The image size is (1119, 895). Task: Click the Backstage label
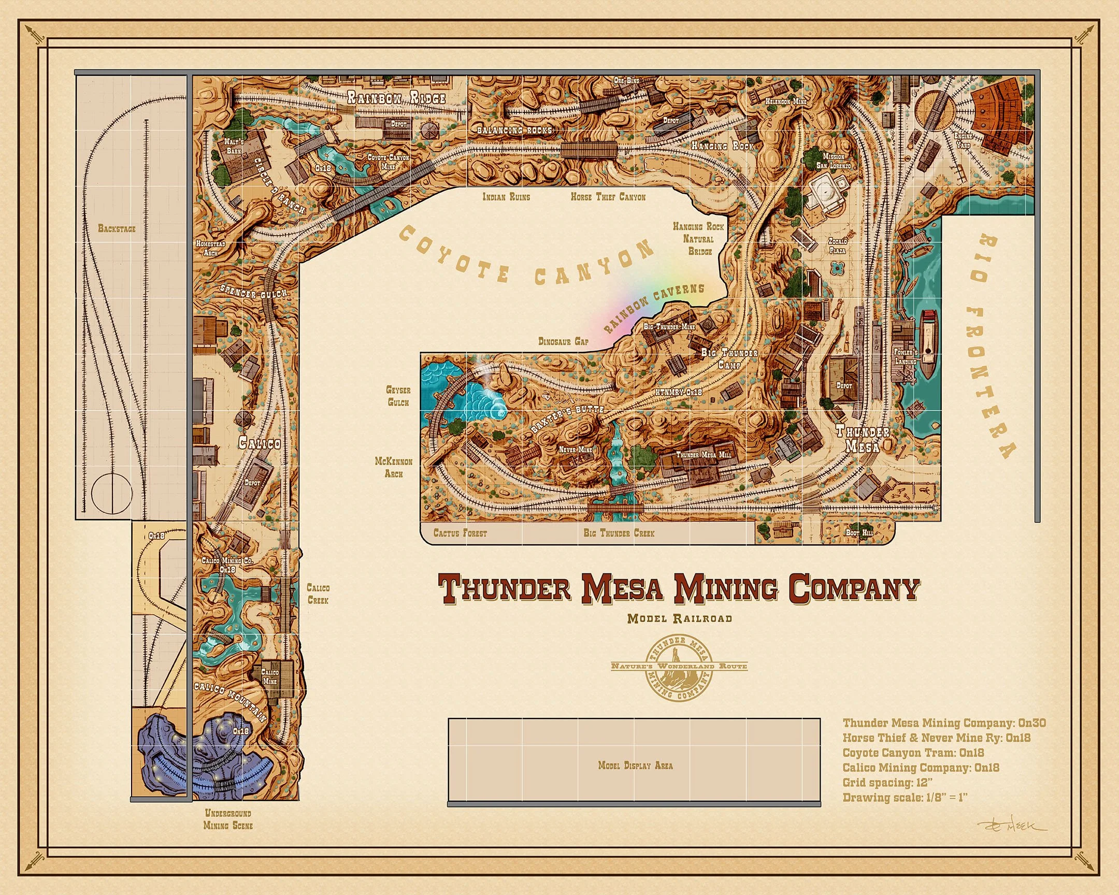tap(117, 228)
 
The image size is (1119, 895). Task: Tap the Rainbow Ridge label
tap(396, 97)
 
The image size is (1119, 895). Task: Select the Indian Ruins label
tap(506, 197)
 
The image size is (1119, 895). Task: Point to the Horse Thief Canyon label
tap(608, 197)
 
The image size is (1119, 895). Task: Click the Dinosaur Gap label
tap(563, 341)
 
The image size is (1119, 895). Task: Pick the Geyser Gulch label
tap(398, 396)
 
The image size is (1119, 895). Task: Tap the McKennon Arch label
tap(394, 467)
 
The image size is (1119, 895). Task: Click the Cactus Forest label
tap(460, 533)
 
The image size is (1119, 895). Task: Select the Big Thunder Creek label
tap(619, 533)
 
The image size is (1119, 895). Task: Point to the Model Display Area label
tap(635, 766)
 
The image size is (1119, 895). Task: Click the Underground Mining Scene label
tap(228, 819)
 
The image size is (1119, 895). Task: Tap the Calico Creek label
tap(318, 594)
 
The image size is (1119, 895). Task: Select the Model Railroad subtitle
tap(679, 618)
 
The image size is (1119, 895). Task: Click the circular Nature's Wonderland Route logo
tap(679, 666)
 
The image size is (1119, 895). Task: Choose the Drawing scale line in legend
tap(905, 798)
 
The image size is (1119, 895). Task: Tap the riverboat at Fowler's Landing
tap(928, 344)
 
